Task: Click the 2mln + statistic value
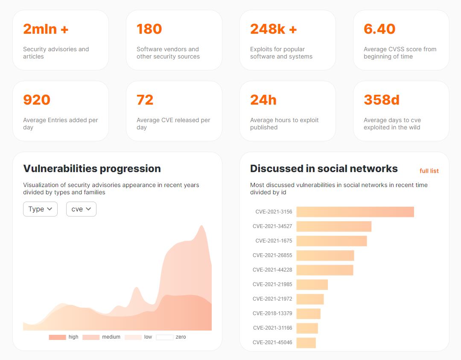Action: point(46,29)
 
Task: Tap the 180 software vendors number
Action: point(149,29)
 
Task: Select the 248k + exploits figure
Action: point(273,29)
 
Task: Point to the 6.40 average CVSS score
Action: point(379,29)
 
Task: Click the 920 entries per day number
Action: point(37,100)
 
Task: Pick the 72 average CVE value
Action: point(145,100)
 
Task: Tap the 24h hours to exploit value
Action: point(263,100)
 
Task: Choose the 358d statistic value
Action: point(381,100)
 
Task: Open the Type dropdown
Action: point(40,209)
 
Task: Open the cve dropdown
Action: point(81,209)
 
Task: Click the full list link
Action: point(429,171)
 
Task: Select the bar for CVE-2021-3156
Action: point(355,212)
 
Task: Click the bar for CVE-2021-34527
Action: point(334,226)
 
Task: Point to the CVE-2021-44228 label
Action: point(272,270)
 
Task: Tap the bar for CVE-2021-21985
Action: point(312,284)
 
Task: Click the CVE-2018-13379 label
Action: point(272,313)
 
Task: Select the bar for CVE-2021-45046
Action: point(306,342)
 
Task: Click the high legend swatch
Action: point(57,337)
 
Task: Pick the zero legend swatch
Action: point(164,337)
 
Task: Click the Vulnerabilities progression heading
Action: point(92,169)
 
